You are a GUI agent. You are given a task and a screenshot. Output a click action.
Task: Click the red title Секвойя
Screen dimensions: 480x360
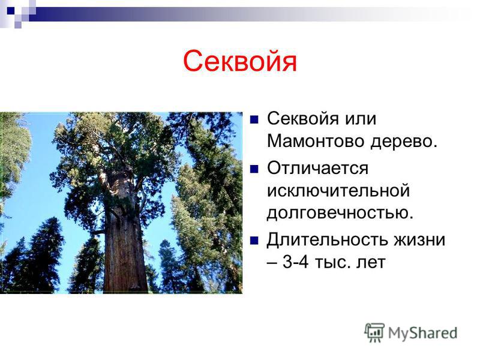click(x=239, y=61)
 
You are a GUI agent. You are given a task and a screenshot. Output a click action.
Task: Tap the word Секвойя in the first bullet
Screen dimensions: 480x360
click(x=303, y=118)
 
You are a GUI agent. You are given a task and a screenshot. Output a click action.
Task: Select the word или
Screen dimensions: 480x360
click(x=361, y=119)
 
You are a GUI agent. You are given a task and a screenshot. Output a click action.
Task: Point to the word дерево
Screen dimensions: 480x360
click(x=403, y=142)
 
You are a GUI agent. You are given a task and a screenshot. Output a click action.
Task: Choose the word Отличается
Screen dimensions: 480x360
click(x=318, y=168)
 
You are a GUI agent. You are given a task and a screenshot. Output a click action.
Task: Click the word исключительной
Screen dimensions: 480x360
click(x=338, y=190)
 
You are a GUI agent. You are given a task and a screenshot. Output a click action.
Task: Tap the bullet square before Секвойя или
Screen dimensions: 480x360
click(x=254, y=119)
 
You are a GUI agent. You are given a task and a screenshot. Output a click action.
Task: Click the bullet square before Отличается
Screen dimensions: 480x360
click(x=254, y=169)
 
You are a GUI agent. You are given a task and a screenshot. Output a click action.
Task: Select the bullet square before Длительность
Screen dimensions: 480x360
click(x=254, y=241)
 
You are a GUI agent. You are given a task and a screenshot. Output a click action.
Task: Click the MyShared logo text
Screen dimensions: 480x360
click(x=423, y=334)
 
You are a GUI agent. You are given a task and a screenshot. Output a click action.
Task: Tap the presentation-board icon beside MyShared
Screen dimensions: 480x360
click(x=374, y=332)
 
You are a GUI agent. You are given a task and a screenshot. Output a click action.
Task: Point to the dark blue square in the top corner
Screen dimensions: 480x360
click(x=11, y=11)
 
